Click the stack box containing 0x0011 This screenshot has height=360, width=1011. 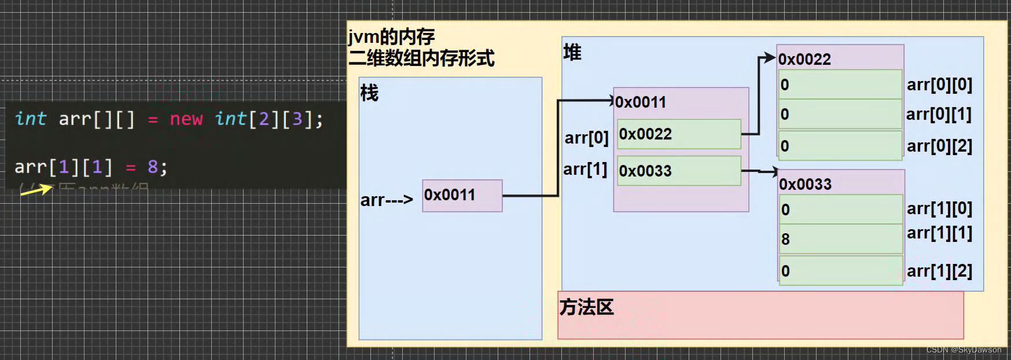(x=462, y=196)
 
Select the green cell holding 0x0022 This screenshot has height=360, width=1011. (x=679, y=134)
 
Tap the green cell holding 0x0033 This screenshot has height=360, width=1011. (x=679, y=171)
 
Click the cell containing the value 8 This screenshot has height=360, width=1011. (x=840, y=239)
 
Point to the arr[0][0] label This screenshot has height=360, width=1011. (x=939, y=85)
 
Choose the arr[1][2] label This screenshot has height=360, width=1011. (x=939, y=271)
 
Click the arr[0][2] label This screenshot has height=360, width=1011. (x=939, y=146)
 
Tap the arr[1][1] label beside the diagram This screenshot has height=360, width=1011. (x=939, y=233)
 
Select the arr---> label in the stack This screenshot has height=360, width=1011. (x=387, y=200)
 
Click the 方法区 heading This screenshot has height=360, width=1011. (x=586, y=307)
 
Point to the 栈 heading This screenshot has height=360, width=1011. (x=369, y=93)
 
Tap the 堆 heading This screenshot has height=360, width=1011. (x=572, y=53)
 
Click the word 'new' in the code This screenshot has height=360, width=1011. (x=186, y=119)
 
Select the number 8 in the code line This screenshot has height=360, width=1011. (x=153, y=167)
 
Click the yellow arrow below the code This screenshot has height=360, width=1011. (x=36, y=189)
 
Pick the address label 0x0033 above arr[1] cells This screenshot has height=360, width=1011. (x=805, y=185)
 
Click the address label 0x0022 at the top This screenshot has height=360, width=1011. (x=804, y=59)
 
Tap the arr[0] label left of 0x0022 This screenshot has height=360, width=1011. (x=586, y=138)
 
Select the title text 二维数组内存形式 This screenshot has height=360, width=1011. (x=421, y=58)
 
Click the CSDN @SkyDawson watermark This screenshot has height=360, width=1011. (x=964, y=350)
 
